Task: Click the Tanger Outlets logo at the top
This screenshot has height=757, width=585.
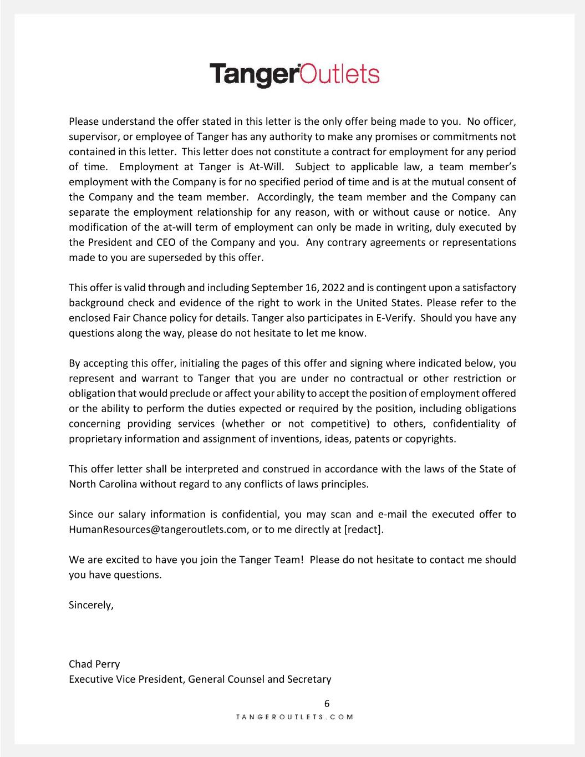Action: point(294,75)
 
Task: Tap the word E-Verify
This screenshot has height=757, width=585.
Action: point(395,318)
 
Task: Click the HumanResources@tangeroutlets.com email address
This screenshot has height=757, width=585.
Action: point(157,529)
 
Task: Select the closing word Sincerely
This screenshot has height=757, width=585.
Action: point(91,605)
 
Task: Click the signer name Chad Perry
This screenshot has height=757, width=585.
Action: point(94,664)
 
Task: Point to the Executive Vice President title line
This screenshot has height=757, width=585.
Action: point(200,679)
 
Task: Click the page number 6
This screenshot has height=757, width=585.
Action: point(327,704)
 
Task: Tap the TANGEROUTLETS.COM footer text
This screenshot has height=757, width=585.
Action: point(294,717)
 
